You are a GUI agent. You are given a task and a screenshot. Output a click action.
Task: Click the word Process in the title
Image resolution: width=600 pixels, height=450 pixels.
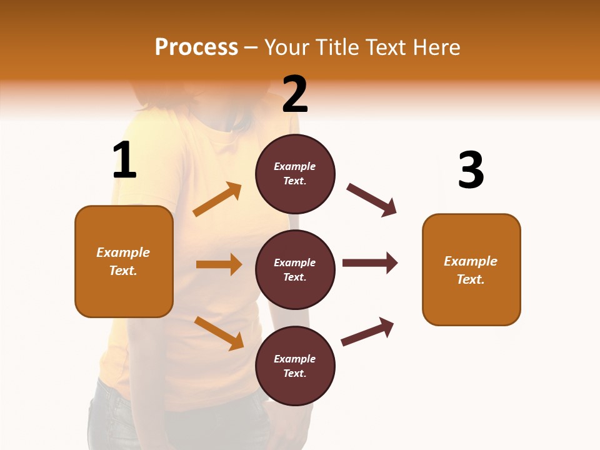(x=196, y=47)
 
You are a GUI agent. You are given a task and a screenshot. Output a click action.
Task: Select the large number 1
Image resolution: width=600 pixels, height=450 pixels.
(x=124, y=161)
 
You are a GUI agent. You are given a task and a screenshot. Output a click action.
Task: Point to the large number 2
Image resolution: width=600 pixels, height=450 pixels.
(x=295, y=94)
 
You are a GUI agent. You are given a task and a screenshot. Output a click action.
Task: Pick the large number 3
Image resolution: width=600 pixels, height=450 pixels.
(x=471, y=171)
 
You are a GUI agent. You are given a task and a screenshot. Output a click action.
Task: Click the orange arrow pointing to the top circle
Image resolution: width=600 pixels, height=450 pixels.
(x=217, y=199)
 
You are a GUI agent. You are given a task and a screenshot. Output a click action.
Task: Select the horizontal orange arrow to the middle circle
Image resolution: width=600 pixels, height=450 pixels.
(x=219, y=264)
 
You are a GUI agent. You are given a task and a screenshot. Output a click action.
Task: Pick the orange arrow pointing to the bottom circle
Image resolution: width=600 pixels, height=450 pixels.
(x=219, y=332)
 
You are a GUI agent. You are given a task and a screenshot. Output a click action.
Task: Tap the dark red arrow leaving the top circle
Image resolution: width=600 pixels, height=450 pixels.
(x=371, y=199)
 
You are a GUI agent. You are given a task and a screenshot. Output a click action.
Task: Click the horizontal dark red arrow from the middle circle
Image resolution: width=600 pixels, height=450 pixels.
(x=369, y=262)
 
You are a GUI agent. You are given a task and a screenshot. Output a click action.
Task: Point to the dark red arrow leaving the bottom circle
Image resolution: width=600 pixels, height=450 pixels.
(x=367, y=332)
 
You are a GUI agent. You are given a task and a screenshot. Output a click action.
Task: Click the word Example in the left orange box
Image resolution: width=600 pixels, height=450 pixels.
(x=123, y=252)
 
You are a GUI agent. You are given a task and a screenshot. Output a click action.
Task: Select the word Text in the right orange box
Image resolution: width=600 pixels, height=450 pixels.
(x=470, y=279)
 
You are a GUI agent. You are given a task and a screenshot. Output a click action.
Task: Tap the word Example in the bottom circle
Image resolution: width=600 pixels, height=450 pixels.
(x=295, y=359)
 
